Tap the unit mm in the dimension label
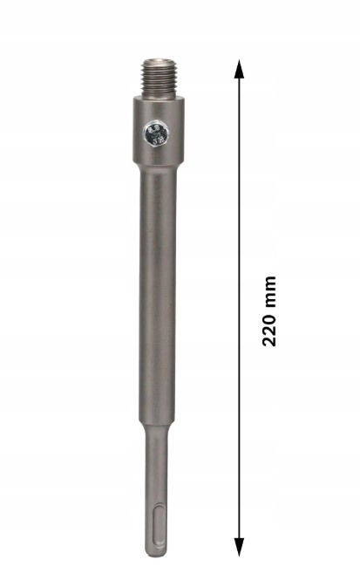(269, 292)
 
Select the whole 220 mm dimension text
(269, 311)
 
